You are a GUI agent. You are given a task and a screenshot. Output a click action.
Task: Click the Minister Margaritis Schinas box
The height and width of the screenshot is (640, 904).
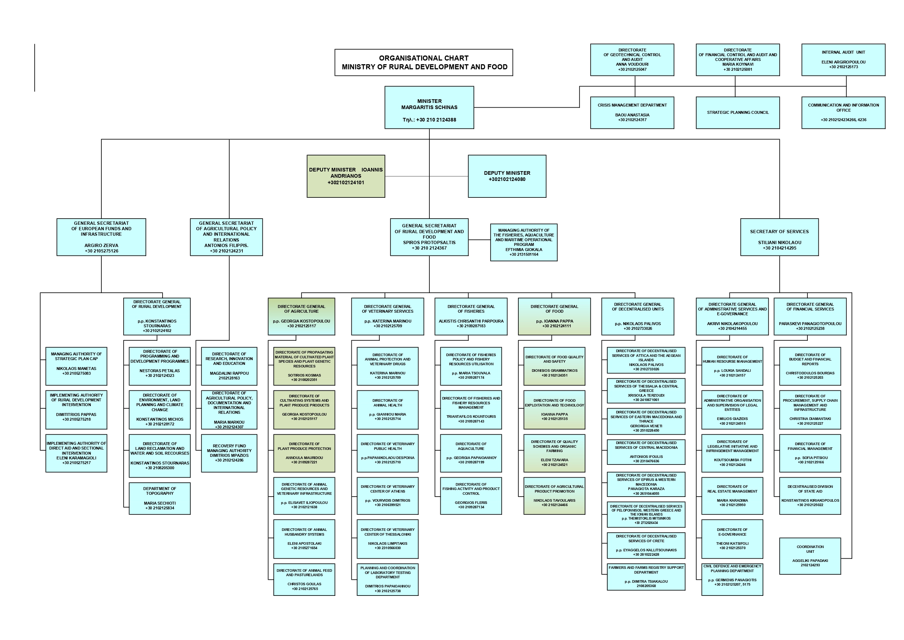[x=429, y=107]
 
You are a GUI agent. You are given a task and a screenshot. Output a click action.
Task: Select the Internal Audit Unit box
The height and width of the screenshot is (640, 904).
[x=843, y=59]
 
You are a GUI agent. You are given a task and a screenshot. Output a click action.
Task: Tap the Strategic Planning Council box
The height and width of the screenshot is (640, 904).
[x=737, y=113]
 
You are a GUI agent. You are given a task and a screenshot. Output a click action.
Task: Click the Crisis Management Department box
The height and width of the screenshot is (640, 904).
[x=632, y=113]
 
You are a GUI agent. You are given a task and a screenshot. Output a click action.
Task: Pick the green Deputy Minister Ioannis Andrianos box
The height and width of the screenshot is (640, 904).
[x=346, y=176]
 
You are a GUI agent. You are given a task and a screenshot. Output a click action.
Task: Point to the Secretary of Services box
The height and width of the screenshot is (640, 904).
[x=779, y=237]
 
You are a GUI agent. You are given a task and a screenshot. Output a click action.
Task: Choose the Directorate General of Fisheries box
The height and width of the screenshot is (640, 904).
[x=471, y=316]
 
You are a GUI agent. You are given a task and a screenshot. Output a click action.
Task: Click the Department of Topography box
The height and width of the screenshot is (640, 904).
[x=159, y=498]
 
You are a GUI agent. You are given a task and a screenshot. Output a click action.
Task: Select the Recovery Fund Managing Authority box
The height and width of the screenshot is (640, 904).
[x=229, y=453]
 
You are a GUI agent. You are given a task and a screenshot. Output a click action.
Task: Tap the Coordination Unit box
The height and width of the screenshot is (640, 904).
[x=810, y=556]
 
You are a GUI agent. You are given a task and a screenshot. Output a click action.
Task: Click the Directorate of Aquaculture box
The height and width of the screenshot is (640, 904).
[x=471, y=453]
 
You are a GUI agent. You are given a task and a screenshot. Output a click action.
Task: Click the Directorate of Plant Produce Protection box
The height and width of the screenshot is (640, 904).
[x=304, y=453]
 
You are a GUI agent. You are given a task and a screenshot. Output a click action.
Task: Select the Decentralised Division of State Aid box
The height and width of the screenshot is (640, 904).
[x=810, y=496]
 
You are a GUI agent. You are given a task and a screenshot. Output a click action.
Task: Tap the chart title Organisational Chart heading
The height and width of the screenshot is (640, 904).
[x=424, y=62]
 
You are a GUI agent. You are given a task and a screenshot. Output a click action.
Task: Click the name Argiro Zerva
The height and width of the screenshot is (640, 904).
[x=101, y=246]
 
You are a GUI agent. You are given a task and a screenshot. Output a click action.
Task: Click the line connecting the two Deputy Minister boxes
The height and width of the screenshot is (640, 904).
[x=426, y=176]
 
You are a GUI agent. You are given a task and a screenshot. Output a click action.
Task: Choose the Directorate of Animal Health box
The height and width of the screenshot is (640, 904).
[x=387, y=410]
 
